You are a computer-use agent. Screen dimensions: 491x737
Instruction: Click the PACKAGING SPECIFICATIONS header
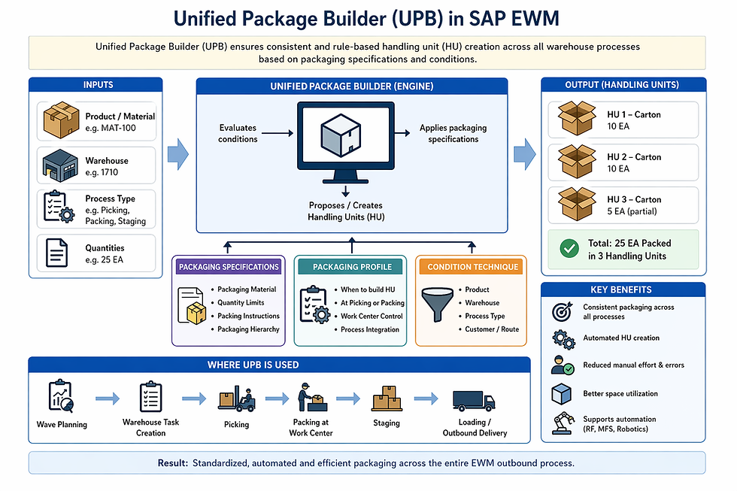(x=229, y=267)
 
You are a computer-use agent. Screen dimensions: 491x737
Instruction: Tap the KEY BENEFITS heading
(x=623, y=289)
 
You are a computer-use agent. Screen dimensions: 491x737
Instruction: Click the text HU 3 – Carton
(x=634, y=199)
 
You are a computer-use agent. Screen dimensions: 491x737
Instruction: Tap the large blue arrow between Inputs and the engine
(x=177, y=154)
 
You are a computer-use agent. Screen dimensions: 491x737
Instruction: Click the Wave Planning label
(x=62, y=425)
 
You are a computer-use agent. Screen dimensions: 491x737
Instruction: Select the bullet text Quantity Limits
(x=241, y=303)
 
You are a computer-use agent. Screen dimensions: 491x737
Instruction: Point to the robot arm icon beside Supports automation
(x=563, y=423)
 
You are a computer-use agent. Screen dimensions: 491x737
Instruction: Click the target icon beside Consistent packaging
(x=563, y=311)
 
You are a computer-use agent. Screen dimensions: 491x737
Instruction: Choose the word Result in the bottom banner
(x=172, y=463)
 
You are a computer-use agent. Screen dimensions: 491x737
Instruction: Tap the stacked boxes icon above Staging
(x=387, y=399)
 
